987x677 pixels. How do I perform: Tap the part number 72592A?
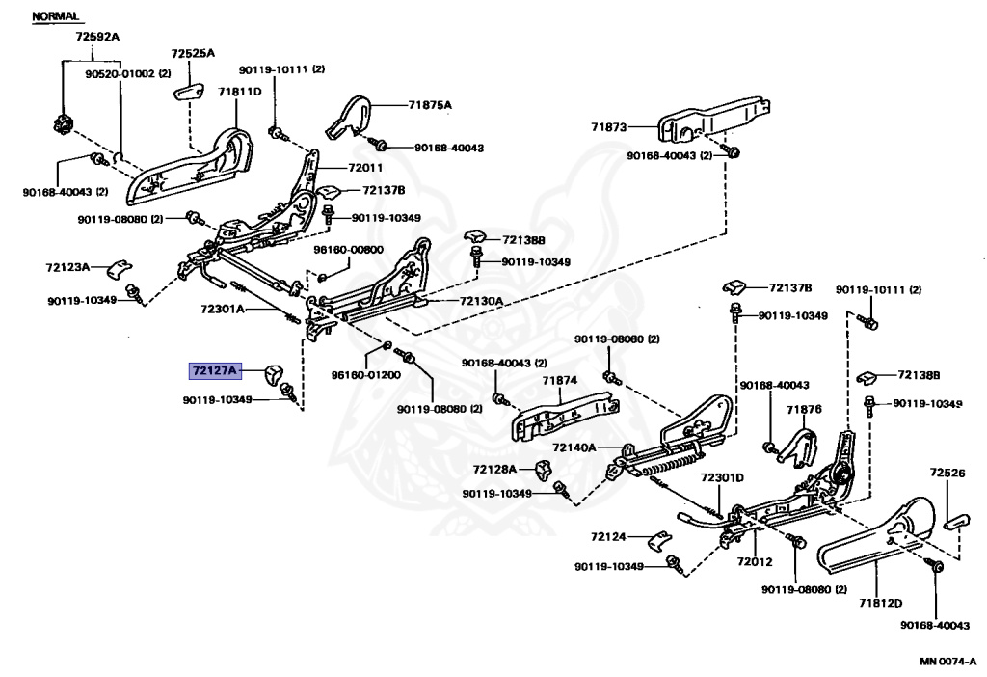tap(97, 38)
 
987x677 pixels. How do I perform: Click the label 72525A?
tap(193, 54)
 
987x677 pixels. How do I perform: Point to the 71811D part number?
tap(239, 93)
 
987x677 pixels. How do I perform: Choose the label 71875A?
tap(429, 104)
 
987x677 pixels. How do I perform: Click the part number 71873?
tap(609, 126)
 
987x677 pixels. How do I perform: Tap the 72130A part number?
tap(481, 301)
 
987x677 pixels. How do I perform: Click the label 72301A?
tap(224, 311)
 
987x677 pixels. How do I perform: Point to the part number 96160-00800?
tap(348, 250)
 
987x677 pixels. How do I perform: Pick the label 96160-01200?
tap(365, 374)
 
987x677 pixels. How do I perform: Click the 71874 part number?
tap(558, 380)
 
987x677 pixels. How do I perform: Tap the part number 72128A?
tap(495, 469)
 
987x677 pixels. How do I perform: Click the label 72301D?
tap(722, 477)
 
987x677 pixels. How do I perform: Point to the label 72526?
tap(947, 473)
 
